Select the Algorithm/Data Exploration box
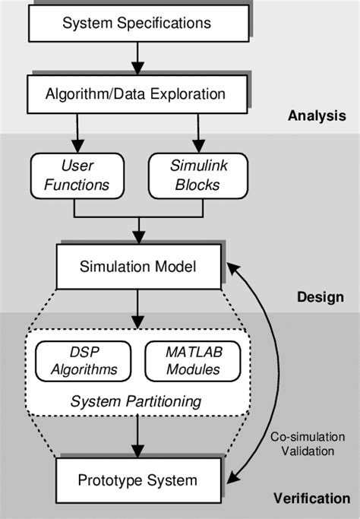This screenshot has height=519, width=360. (137, 96)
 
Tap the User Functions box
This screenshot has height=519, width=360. (74, 174)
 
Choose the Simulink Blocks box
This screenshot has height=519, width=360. (197, 174)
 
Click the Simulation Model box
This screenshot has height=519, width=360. (137, 267)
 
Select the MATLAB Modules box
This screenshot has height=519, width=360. (193, 360)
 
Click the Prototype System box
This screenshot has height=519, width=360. (137, 479)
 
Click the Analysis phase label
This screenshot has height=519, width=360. (317, 116)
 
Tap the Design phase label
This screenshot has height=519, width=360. (320, 297)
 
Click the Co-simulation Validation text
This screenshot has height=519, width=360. (302, 444)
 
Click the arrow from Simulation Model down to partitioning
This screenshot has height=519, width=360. (137, 308)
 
